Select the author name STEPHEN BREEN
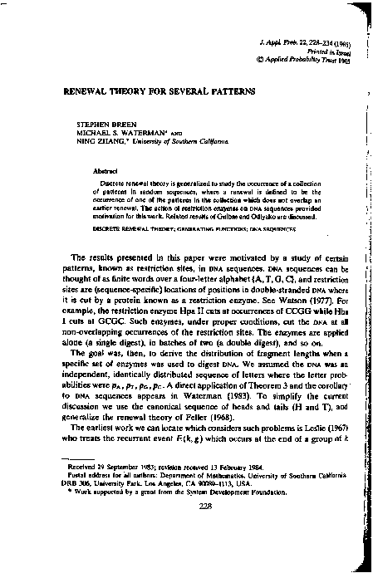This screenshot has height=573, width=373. tap(99, 121)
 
